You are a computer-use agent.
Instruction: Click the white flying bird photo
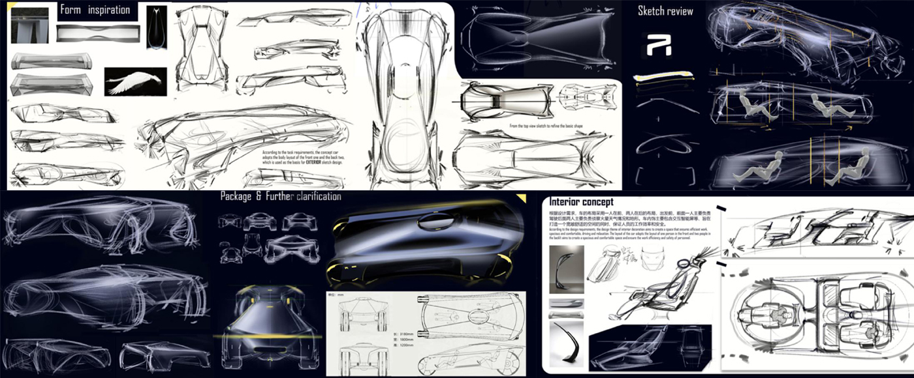135,81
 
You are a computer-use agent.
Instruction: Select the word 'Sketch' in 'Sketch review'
651,11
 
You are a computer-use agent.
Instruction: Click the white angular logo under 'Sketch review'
657,45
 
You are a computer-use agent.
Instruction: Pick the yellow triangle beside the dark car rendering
521,198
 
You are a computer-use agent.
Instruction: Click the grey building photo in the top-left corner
30,24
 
